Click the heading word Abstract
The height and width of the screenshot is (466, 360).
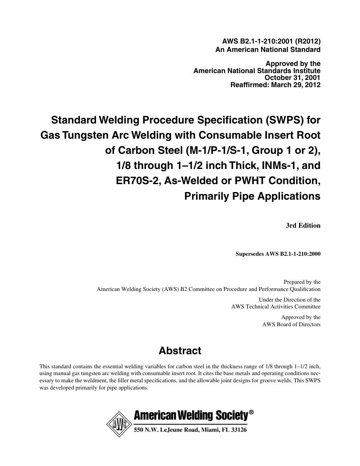[x=180, y=351]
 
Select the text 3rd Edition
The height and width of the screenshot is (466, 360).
[x=303, y=225]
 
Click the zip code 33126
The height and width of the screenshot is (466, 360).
[x=236, y=430]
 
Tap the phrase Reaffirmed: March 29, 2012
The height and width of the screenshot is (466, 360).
[x=275, y=85]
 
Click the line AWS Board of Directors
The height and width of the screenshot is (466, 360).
[x=291, y=324]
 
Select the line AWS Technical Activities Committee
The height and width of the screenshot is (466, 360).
[x=276, y=306]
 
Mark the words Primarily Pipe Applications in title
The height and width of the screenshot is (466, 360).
[x=252, y=196]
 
